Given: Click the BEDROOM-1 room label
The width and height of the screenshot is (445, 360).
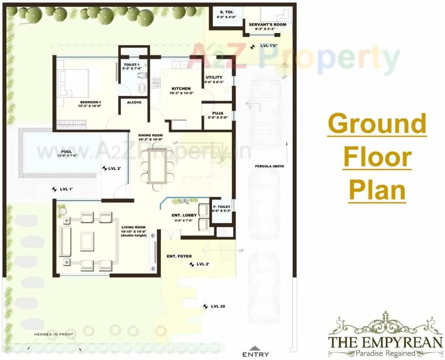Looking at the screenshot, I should pos(90,102).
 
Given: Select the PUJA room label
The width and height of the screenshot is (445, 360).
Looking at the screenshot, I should pos(217,113).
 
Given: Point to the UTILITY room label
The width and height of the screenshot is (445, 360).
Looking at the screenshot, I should pos(214,78).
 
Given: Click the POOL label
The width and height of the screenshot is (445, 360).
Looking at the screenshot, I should pos(66,152).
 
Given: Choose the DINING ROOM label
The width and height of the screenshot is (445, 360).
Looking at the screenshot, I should pos(150,135).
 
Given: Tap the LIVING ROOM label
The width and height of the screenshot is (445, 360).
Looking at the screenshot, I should pos(133,228).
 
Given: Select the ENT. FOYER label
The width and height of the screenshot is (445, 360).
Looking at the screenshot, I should pos(179,256).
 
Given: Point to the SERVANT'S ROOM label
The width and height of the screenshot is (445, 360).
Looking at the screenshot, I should pos(267,25).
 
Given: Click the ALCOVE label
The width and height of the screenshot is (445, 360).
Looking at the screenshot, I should pos(134,102).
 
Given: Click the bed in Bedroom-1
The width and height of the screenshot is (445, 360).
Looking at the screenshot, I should pos(75,83).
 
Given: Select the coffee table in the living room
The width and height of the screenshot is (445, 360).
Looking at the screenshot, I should pos(87,241).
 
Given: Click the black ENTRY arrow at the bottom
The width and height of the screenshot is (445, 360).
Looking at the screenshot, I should pos(255,348).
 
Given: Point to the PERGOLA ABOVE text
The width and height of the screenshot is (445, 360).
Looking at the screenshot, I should pos(270,166).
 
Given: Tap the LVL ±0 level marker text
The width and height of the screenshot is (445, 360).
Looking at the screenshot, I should pos(218,306).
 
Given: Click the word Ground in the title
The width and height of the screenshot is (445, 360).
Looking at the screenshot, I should pos(377,124).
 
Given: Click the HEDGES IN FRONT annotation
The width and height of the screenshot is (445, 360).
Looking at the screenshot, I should pos(54,334).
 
